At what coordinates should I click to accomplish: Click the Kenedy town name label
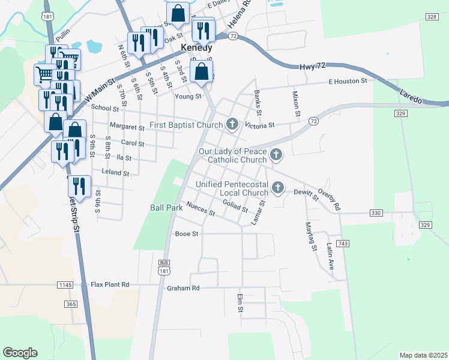click(x=196, y=47)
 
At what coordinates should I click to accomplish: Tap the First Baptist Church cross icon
click(x=232, y=125)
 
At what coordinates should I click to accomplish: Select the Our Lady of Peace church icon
click(x=276, y=155)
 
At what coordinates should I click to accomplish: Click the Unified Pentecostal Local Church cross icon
click(x=277, y=188)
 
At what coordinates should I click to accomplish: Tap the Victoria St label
click(x=262, y=125)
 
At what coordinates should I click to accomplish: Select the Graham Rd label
click(x=183, y=288)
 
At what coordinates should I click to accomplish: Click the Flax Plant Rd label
click(x=110, y=284)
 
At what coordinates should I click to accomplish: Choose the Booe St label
click(x=186, y=234)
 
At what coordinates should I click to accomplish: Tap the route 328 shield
click(x=432, y=17)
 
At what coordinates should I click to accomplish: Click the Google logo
click(x=20, y=353)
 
